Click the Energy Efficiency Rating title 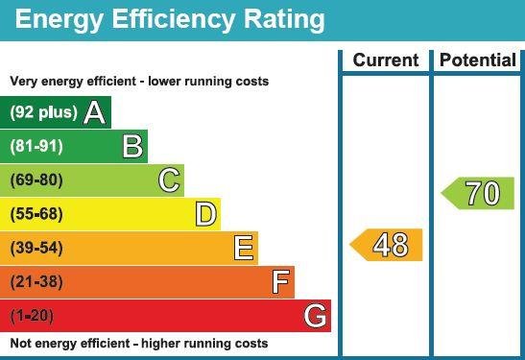[170, 19]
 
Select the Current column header [386, 60]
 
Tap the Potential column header [477, 60]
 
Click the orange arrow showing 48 [387, 245]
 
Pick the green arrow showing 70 [478, 194]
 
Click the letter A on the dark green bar [94, 113]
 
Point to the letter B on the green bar [133, 147]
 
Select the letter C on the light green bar [169, 180]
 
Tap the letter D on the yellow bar [205, 214]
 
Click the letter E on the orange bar [244, 248]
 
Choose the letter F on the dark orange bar [280, 282]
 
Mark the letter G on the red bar [315, 315]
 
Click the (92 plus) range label [43, 113]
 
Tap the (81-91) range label [36, 147]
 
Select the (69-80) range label [36, 180]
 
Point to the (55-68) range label [36, 214]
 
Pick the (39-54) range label [36, 248]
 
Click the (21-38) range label [36, 282]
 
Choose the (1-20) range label [33, 315]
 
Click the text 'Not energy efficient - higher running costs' [139, 344]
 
